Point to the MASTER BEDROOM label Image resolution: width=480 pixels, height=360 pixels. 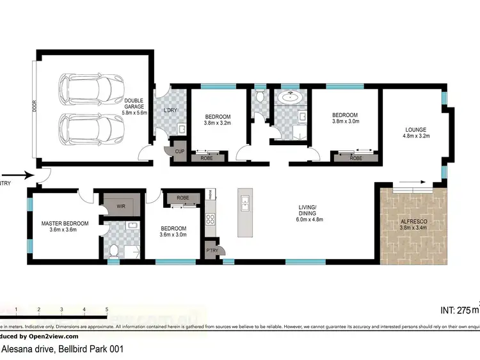click(x=65, y=223)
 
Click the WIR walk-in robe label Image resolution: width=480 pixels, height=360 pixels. click(x=120, y=207)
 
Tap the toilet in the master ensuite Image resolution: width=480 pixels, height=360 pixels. click(x=113, y=249)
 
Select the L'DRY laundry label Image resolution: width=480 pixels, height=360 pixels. click(x=171, y=111)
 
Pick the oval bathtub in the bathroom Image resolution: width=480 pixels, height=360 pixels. click(x=291, y=98)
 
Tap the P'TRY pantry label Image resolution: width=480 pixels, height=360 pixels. click(x=212, y=250)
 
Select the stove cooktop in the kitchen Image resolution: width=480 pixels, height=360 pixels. click(x=210, y=219)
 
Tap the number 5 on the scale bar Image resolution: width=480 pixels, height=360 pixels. click(x=107, y=309)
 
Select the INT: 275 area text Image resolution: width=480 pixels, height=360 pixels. click(x=458, y=310)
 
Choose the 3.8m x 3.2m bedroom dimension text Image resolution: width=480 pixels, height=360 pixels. click(x=217, y=123)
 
